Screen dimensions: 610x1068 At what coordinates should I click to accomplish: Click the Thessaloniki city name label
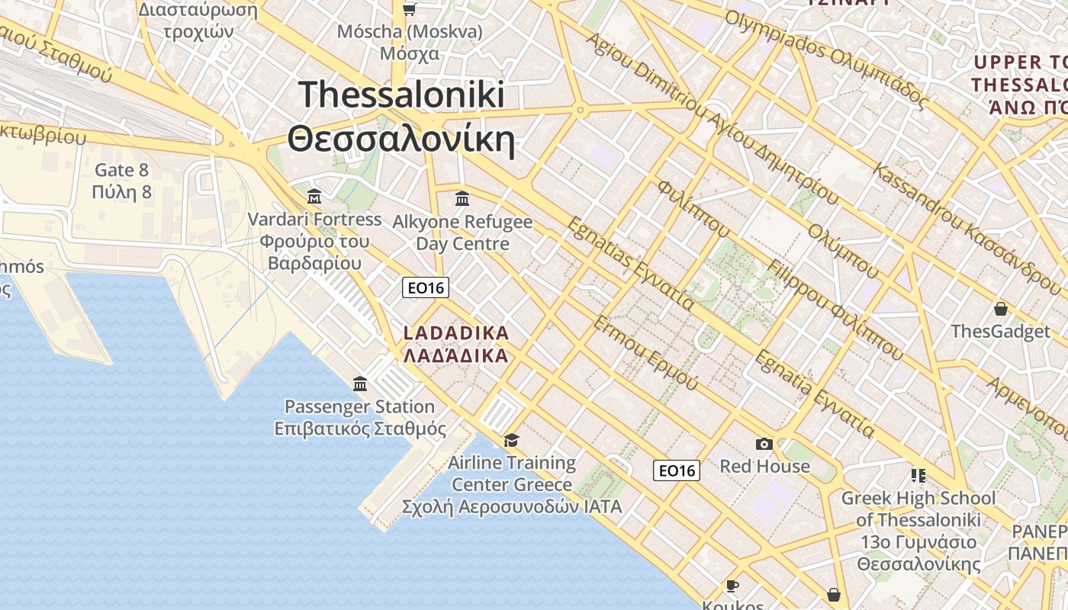pos(401,117)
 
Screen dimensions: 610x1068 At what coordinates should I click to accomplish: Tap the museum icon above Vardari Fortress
pos(314,197)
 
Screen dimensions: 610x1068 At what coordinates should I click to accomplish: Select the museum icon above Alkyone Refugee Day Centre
pos(462,199)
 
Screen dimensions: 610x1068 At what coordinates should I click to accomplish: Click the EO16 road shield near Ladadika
pos(426,287)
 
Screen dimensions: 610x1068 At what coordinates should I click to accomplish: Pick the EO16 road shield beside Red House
pos(677,470)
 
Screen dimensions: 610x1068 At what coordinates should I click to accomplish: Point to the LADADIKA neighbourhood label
pos(455,345)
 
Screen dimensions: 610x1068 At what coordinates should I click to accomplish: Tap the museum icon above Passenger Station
pos(360,384)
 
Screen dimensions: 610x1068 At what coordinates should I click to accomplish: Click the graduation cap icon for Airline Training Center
pos(511,440)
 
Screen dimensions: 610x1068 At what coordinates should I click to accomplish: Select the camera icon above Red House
pos(764,444)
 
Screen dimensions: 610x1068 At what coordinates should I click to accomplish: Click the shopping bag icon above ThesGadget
pos(1000,309)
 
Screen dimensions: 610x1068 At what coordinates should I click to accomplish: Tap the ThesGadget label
pos(1000,332)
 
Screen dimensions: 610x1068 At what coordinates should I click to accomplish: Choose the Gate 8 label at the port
pos(121,181)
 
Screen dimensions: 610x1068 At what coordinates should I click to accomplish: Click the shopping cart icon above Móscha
pos(410,9)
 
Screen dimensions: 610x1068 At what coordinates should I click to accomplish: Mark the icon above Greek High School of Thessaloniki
pos(918,476)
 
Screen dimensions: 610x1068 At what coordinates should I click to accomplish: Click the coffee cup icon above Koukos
pos(732,586)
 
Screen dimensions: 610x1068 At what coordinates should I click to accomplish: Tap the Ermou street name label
pos(645,354)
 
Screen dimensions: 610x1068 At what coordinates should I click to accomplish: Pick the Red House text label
pos(764,466)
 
